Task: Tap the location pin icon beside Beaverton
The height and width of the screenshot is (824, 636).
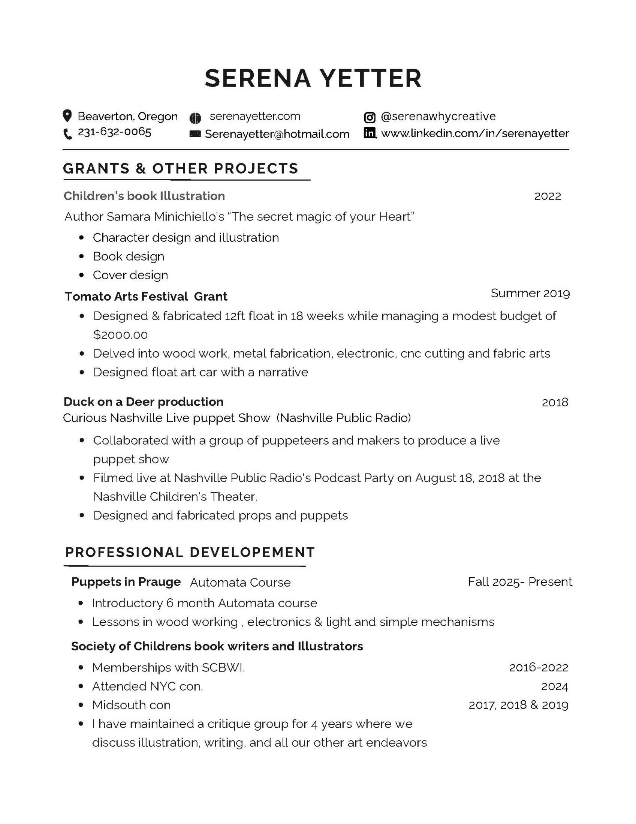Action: (67, 116)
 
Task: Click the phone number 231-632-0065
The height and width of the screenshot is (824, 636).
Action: (114, 132)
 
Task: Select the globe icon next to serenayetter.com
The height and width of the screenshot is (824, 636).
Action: (195, 118)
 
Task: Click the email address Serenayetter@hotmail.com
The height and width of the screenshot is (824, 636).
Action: (277, 134)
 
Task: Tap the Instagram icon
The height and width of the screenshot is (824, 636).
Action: (370, 118)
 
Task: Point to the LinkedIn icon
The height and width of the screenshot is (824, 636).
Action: (370, 133)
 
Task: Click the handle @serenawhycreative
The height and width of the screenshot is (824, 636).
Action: (438, 117)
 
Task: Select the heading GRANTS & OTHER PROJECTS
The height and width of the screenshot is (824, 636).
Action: (181, 169)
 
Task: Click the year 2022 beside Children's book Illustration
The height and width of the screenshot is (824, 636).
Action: (547, 196)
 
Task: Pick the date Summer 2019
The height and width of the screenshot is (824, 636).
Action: (530, 293)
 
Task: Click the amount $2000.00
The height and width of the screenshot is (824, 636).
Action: (120, 335)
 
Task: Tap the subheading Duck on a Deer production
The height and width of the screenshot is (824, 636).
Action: (143, 402)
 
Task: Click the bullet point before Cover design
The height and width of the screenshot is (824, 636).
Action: (81, 276)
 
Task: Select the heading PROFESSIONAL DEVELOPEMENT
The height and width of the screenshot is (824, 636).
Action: (190, 552)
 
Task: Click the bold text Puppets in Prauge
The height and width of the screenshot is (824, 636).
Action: (126, 582)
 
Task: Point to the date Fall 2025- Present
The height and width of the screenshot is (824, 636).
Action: (520, 582)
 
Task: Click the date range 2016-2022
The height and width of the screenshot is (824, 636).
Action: (538, 667)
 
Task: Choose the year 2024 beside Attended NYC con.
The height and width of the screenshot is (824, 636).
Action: (554, 686)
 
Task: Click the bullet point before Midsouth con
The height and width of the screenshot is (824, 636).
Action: (81, 705)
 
